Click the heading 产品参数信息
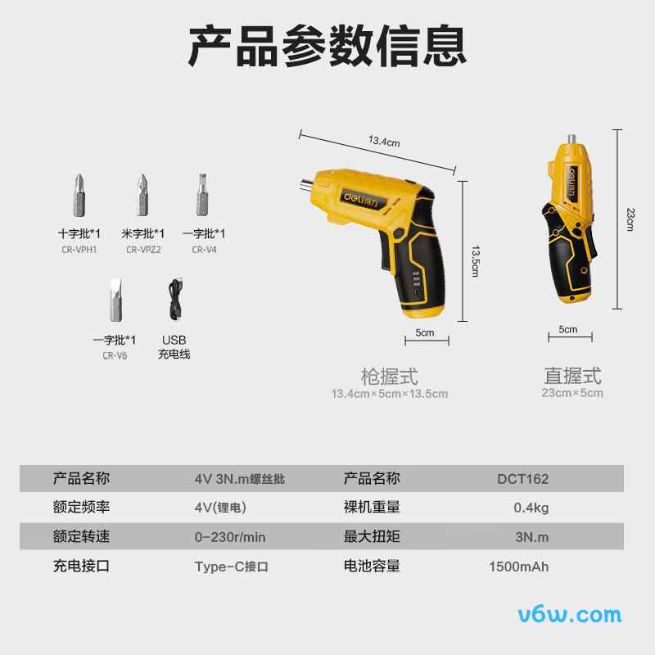[x=327, y=45]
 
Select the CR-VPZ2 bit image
[x=142, y=194]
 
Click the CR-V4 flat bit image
[x=200, y=194]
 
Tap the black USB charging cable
[x=174, y=302]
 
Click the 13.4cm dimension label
[x=383, y=142]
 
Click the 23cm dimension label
[x=630, y=219]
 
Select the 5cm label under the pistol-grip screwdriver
[x=425, y=333]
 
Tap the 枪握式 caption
[x=389, y=377]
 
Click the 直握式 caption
[x=572, y=376]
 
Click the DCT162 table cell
[x=522, y=479]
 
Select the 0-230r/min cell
[x=230, y=537]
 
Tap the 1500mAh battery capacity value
[x=518, y=567]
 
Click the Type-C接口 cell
[x=232, y=567]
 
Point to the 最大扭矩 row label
[x=372, y=537]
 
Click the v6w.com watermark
[x=570, y=614]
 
